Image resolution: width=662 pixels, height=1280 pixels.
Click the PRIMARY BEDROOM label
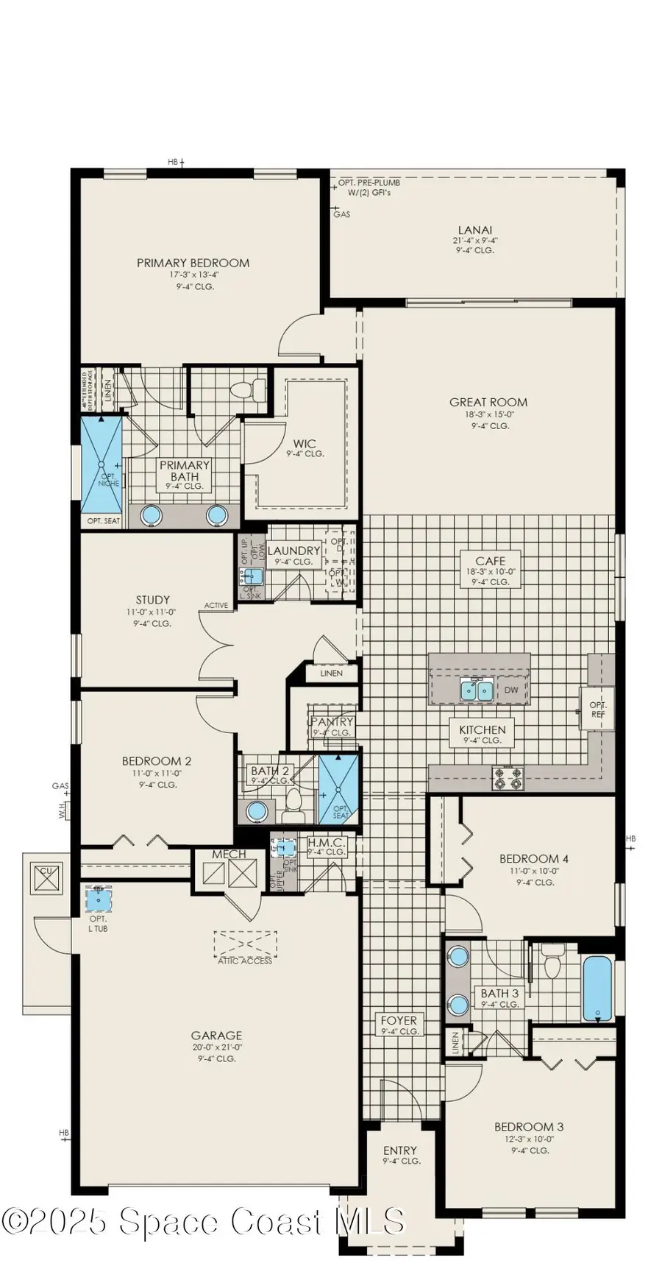193,263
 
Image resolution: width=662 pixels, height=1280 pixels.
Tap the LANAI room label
475,230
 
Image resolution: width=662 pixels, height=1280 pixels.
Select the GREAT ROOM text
488,402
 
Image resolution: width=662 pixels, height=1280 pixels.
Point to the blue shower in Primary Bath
101,464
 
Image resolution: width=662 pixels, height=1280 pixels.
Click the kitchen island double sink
477,690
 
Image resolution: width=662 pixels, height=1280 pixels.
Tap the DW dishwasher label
511,690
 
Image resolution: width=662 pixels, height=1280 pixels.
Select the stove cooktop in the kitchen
508,778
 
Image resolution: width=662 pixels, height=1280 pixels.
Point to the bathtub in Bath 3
598,988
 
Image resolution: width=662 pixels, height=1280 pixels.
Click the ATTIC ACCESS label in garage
245,961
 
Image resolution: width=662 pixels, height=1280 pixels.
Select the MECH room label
229,855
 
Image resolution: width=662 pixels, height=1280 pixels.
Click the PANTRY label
332,722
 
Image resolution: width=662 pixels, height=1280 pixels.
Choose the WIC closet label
305,444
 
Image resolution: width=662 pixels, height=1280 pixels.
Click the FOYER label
399,1020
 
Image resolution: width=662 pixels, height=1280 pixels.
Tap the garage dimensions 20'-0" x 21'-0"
217,1047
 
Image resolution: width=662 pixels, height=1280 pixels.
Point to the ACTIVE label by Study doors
216,605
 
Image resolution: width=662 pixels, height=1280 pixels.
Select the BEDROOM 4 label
534,858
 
